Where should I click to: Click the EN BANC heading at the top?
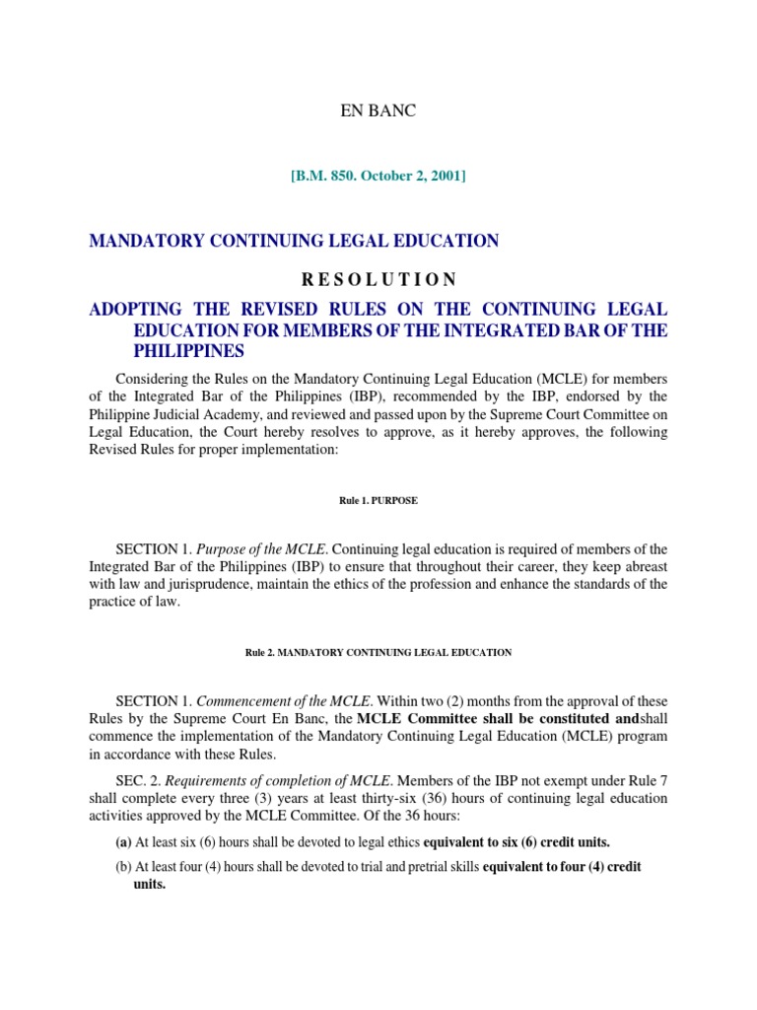coord(378,111)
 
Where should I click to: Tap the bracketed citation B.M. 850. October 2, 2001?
coord(378,177)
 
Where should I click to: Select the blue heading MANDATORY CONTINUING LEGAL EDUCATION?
coord(294,241)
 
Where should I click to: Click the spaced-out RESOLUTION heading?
coord(378,279)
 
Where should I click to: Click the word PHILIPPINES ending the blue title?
coord(188,351)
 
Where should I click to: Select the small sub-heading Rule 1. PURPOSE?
coord(378,501)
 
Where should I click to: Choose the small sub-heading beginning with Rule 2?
coord(378,653)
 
